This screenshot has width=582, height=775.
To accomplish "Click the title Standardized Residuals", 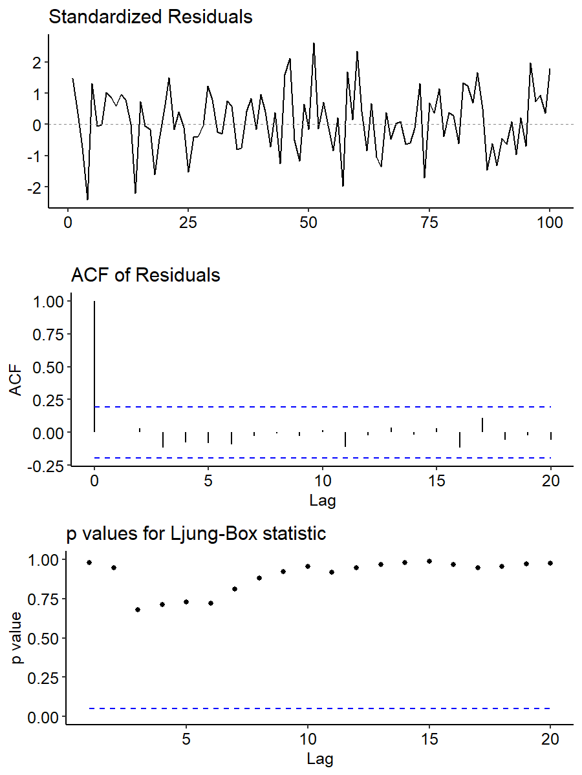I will [150, 17].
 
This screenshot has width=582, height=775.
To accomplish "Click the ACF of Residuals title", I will [145, 275].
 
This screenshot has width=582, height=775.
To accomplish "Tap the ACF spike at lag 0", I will [94, 366].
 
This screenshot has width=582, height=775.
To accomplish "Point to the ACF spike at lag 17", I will [482, 425].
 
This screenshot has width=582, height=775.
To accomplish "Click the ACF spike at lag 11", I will [345, 439].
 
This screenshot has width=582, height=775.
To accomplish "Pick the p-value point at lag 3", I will [138, 609].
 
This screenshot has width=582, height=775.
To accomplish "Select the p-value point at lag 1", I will [89, 563].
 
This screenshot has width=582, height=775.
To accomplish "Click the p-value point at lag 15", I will [429, 561].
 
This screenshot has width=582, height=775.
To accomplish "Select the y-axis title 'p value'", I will [17, 638].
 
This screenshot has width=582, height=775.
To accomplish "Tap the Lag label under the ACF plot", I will [321, 500].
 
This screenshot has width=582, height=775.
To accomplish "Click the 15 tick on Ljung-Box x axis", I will [429, 739].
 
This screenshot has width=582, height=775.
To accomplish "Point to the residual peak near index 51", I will [314, 43].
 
